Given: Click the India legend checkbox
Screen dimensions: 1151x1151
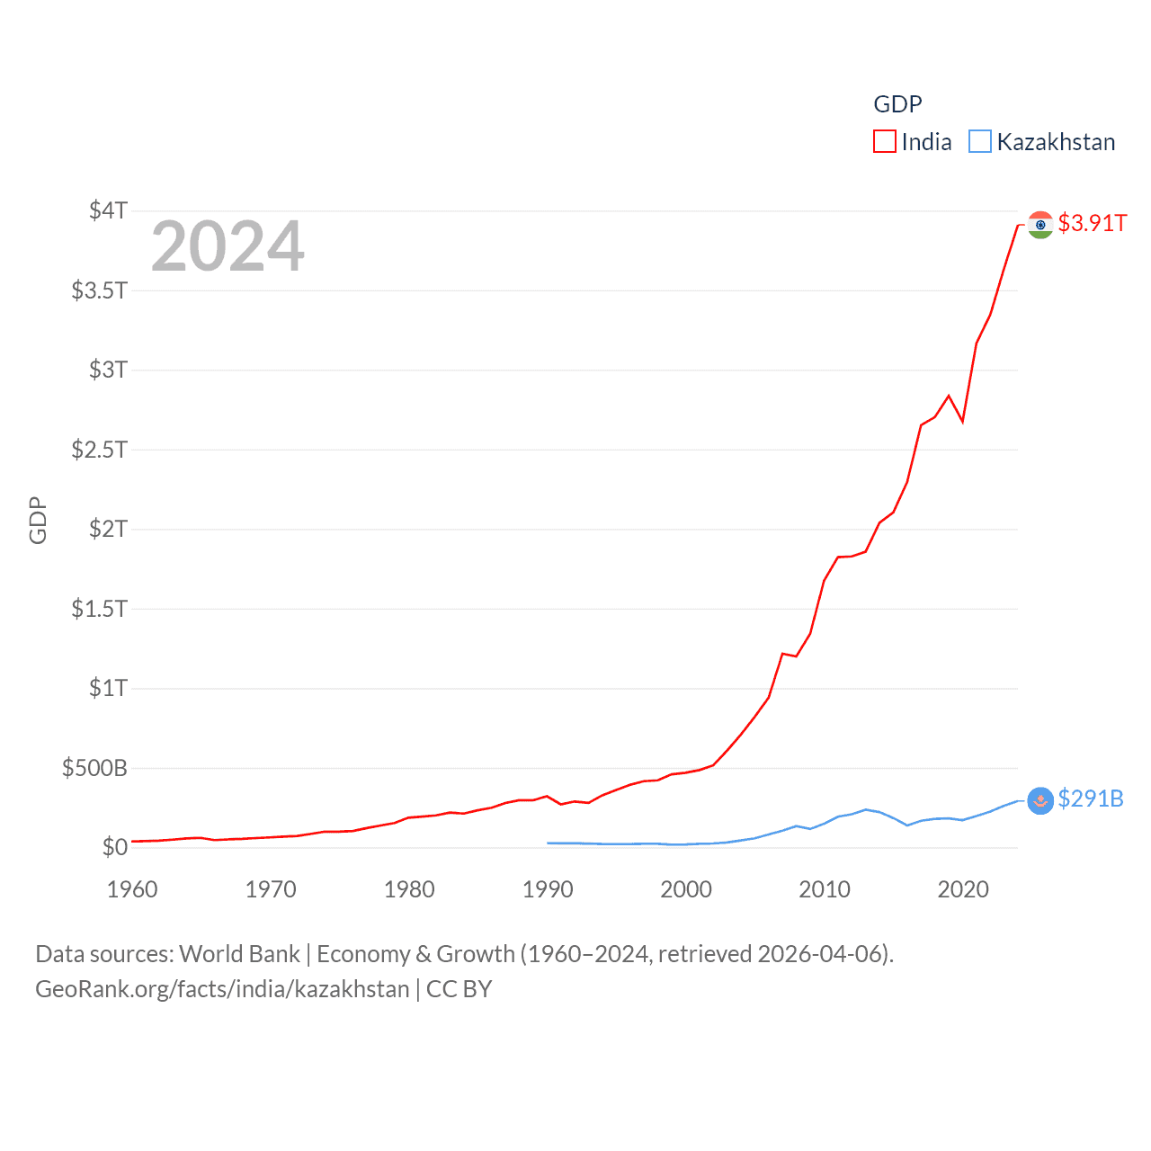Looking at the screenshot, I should tap(885, 142).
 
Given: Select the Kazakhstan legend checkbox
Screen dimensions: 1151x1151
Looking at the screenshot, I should tap(979, 142).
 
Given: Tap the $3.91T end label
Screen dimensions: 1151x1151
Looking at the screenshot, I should tap(1092, 223).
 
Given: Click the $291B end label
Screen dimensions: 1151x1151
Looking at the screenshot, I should tap(1090, 799).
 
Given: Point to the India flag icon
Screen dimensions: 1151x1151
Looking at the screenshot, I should tap(1040, 224).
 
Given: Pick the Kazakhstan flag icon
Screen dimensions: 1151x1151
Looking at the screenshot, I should tap(1040, 799).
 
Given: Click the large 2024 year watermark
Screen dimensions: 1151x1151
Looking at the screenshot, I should tap(228, 246).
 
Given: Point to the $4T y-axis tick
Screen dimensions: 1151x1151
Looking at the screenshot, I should tap(108, 210).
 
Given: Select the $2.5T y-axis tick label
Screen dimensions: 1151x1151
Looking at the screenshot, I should tap(99, 449).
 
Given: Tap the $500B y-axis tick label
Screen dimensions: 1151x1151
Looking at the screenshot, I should tap(94, 768).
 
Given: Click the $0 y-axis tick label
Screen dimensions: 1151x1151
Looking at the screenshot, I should tap(115, 847).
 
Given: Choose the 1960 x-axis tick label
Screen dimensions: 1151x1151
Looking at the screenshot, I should tap(132, 889).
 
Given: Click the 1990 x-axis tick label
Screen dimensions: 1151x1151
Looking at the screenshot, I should tap(548, 889).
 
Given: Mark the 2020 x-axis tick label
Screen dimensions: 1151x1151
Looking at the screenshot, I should tap(963, 889).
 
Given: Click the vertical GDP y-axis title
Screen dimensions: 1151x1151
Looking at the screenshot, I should tap(38, 520).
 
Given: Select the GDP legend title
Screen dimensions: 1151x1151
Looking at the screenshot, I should tap(897, 104).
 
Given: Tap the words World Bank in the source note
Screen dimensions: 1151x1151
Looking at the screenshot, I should tap(239, 953).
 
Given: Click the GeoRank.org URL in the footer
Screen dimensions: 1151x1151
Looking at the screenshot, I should tap(222, 989).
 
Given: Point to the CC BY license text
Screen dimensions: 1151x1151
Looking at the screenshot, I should tap(459, 989).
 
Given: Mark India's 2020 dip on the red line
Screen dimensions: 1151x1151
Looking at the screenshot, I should tap(962, 421).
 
